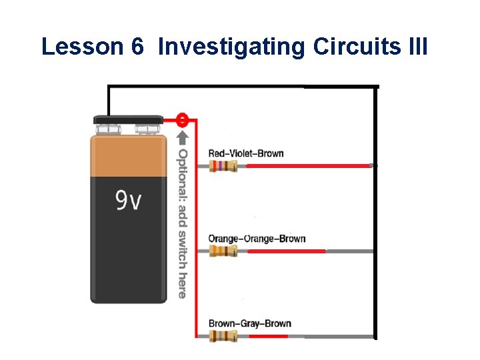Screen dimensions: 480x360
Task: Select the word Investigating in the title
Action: coord(231,48)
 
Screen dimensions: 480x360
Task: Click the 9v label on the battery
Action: coord(129,201)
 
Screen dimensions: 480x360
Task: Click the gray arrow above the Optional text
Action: coord(183,139)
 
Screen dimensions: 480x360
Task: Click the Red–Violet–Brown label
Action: coord(246,153)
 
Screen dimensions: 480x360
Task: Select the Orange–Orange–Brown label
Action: coord(257,239)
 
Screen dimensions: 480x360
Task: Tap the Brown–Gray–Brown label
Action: coord(249,324)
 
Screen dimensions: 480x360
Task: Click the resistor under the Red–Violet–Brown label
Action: coord(223,166)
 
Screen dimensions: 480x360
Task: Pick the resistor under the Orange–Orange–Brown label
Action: coord(223,251)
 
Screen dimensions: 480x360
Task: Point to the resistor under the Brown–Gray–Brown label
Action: coord(223,337)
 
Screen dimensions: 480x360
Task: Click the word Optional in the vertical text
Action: coord(183,173)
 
